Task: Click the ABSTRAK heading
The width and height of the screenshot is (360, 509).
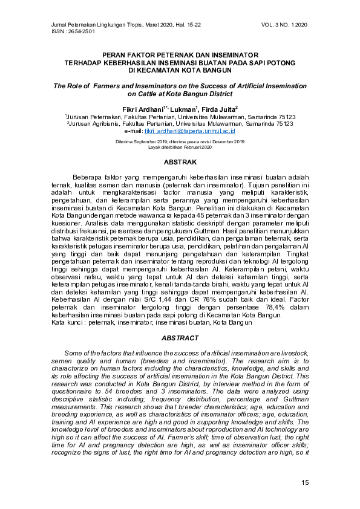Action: click(x=180, y=163)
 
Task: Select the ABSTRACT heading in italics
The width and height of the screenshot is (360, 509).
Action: click(x=180, y=337)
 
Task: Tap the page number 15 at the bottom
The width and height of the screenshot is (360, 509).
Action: click(x=305, y=482)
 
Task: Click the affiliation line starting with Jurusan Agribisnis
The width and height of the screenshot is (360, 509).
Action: click(x=180, y=123)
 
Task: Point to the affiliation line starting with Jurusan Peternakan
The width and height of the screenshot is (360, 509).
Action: click(x=180, y=116)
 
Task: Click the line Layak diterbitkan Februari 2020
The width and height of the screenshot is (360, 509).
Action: click(x=180, y=147)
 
